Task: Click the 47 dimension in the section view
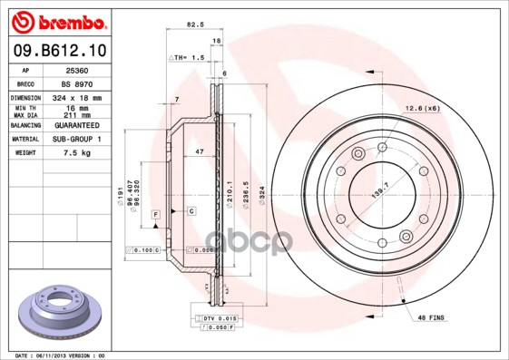(x=199, y=153)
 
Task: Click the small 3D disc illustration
(x=55, y=307)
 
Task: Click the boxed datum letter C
(x=192, y=211)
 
